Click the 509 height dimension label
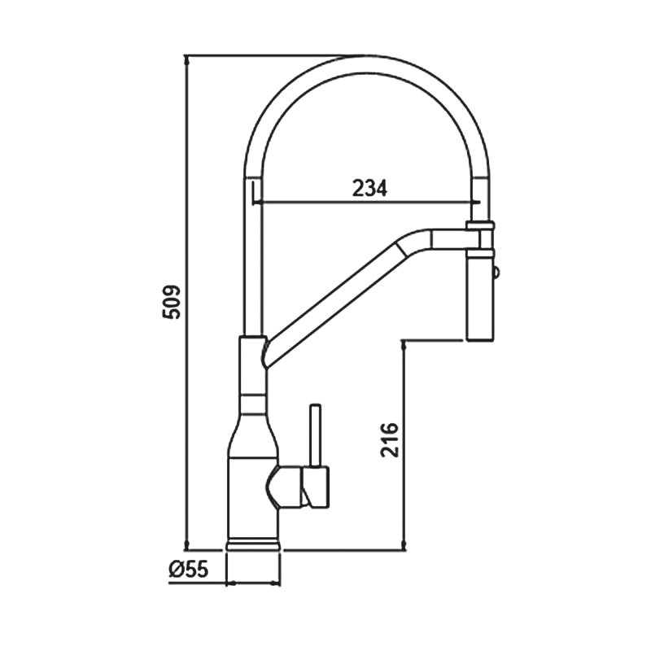[x=172, y=302]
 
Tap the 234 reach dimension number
[x=369, y=188]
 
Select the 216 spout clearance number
[x=390, y=440]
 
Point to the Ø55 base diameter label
[x=189, y=568]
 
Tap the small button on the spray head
[x=496, y=273]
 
